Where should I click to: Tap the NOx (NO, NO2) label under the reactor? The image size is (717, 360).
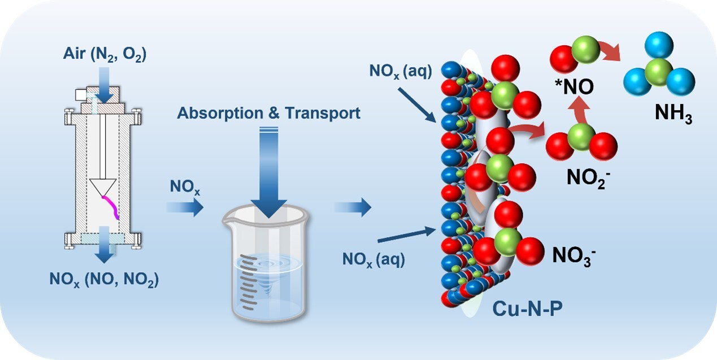pos(103,279)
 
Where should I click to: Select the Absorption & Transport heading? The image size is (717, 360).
pos(268,113)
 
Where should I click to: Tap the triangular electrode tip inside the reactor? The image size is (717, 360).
pos(103,187)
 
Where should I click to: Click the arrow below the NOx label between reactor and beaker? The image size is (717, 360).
pos(185,208)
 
